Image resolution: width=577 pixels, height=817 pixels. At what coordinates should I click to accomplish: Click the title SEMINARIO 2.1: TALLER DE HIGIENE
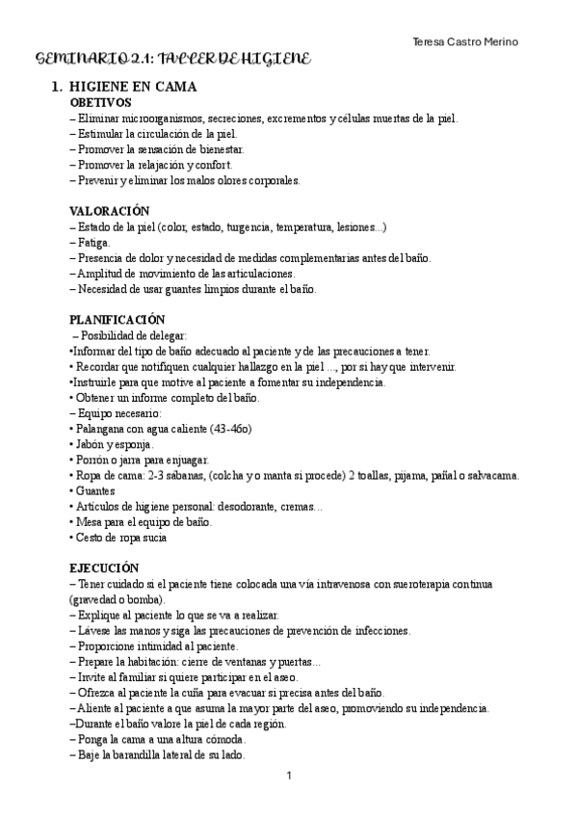(x=172, y=60)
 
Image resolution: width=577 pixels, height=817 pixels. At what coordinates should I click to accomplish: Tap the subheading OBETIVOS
(x=101, y=102)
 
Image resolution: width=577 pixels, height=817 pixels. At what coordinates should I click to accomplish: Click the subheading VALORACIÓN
(x=110, y=211)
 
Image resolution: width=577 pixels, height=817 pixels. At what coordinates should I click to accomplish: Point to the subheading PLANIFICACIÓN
(x=118, y=319)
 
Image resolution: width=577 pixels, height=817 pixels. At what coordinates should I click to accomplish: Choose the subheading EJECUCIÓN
(x=105, y=568)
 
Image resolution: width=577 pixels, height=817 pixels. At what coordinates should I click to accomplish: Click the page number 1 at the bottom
(x=288, y=776)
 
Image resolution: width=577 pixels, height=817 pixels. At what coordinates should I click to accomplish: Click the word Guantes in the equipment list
(x=97, y=491)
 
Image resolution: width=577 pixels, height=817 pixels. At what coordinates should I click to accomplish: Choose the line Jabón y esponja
(x=114, y=444)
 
